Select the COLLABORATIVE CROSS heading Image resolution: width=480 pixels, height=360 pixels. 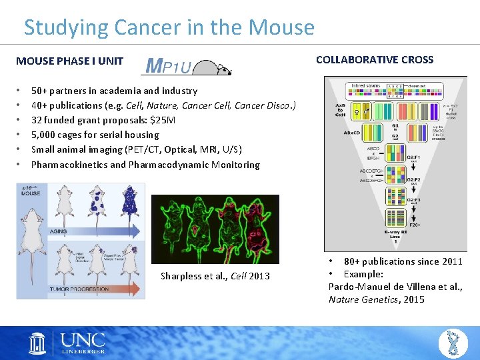[374, 59]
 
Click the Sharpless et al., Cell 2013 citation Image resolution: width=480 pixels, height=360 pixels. [215, 276]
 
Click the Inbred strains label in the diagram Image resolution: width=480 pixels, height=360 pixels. [367, 85]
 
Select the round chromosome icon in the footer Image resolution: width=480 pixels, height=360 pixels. [453, 343]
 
